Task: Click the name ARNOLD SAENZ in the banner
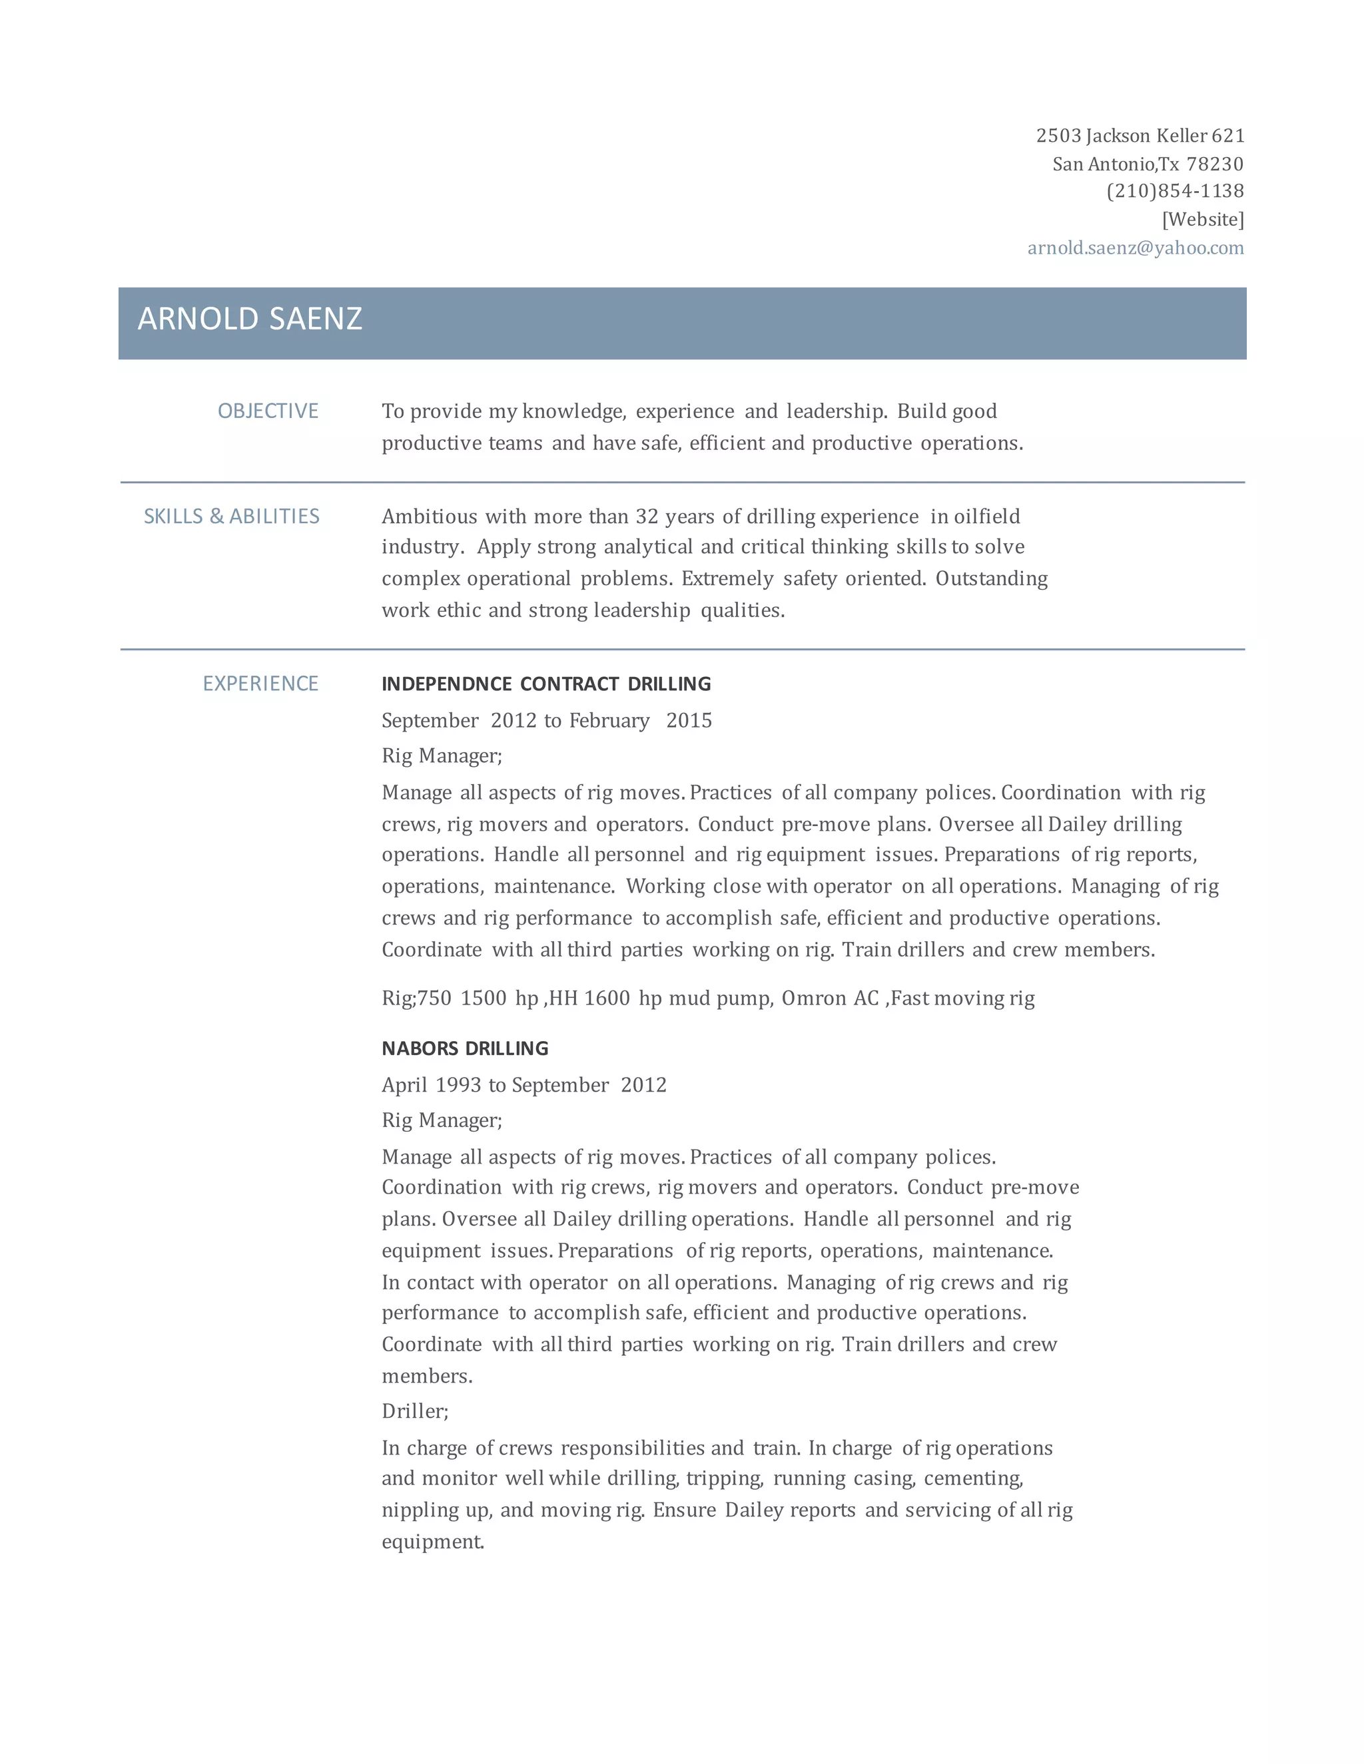point(250,319)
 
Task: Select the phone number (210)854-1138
point(1175,192)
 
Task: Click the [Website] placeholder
point(1202,220)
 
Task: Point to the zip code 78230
point(1215,164)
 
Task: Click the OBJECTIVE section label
point(268,411)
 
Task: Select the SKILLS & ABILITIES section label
point(232,516)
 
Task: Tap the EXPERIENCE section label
point(260,684)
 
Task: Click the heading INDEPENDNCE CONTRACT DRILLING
point(546,684)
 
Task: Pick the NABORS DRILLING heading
point(465,1048)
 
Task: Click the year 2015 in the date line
point(689,720)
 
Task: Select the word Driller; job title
point(414,1411)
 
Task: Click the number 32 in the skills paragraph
point(647,516)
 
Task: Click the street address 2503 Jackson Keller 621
point(1140,136)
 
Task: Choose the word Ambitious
point(428,516)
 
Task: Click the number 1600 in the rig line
point(607,998)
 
